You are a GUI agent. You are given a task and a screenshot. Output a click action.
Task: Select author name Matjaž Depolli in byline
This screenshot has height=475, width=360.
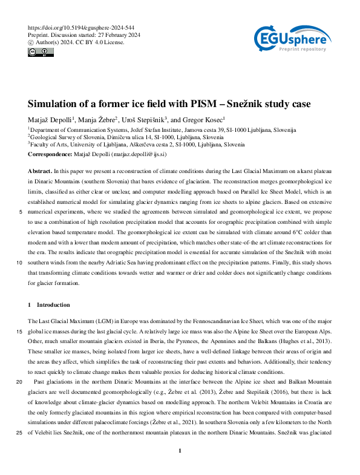click(50, 119)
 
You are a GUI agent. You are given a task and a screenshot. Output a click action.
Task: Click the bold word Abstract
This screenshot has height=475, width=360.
click(40, 172)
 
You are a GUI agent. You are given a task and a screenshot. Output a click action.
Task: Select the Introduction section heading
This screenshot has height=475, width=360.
click(53, 304)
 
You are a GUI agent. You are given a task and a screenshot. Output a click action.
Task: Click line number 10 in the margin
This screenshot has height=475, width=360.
click(19, 263)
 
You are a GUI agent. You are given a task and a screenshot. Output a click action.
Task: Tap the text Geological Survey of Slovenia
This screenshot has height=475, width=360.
click(66, 137)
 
